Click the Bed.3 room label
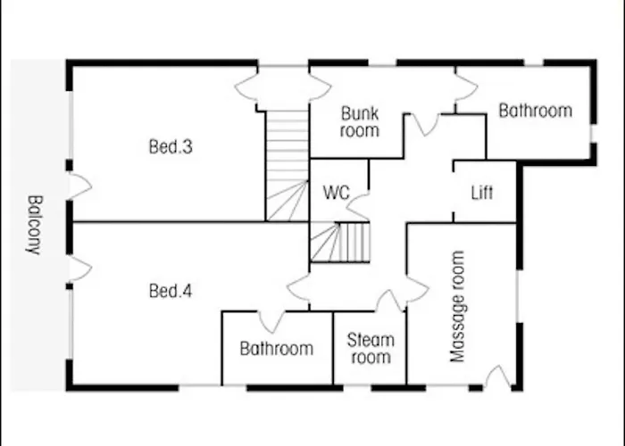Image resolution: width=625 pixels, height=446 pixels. (x=171, y=147)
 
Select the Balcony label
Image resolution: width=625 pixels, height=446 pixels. (x=34, y=225)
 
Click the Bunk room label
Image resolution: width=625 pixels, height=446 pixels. (x=360, y=122)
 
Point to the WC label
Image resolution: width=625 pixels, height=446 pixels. (x=337, y=194)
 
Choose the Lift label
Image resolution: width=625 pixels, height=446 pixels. (x=481, y=193)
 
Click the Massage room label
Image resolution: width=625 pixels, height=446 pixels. (x=458, y=307)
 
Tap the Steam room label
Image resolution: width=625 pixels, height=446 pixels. (x=370, y=349)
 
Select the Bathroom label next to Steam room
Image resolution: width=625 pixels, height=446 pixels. (x=277, y=349)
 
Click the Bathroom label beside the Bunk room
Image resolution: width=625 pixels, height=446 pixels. (x=535, y=111)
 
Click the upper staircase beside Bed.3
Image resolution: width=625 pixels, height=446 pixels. (x=287, y=165)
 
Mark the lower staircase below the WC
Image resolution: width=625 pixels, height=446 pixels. (x=339, y=242)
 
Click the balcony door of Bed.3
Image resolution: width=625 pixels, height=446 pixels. (x=79, y=186)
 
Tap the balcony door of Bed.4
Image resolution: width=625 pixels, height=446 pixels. (x=79, y=268)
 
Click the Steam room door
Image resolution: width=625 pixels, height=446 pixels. (x=390, y=301)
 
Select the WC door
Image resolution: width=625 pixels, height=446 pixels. (x=358, y=208)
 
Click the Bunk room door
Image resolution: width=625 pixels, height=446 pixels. (x=425, y=124)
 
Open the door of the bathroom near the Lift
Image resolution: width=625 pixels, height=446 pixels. (x=465, y=87)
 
